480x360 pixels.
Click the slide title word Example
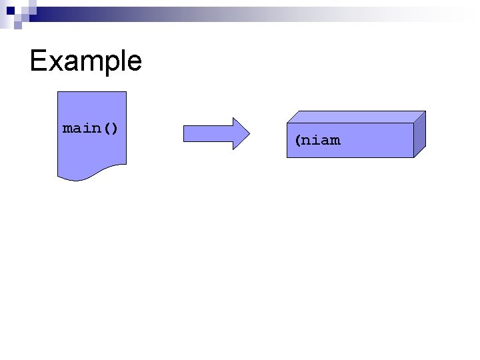(x=85, y=61)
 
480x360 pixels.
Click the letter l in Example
(x=117, y=61)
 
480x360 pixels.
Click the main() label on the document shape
(x=91, y=127)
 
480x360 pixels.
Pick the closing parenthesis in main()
(x=115, y=127)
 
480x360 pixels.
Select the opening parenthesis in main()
(x=107, y=127)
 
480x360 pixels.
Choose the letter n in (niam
(x=307, y=141)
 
